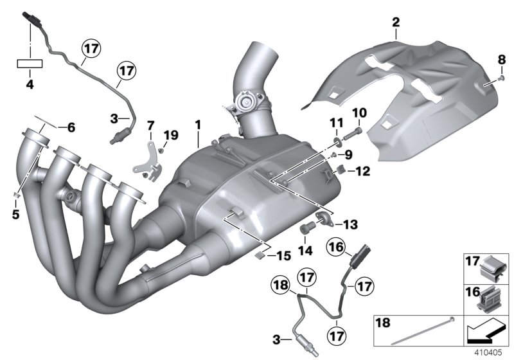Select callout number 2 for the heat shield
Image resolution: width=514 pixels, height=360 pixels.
pyautogui.click(x=396, y=24)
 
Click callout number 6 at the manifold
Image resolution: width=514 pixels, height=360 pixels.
pyautogui.click(x=71, y=127)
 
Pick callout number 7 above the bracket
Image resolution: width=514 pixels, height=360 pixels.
pyautogui.click(x=151, y=123)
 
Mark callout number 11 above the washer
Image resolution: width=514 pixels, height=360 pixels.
pyautogui.click(x=334, y=122)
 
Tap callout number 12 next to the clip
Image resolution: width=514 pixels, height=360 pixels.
pyautogui.click(x=363, y=171)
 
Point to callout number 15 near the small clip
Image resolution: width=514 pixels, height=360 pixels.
pyautogui.click(x=283, y=256)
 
